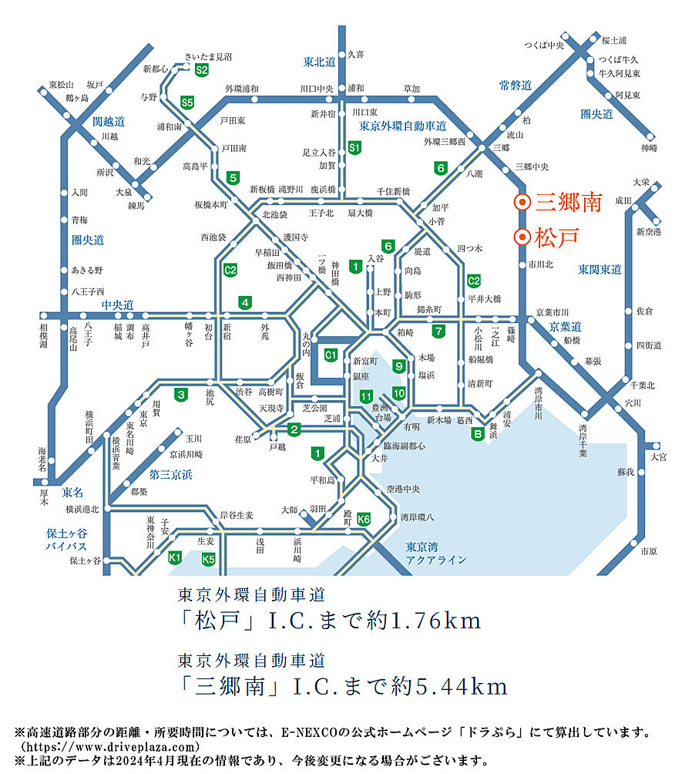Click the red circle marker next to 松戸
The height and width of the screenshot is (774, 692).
click(522, 237)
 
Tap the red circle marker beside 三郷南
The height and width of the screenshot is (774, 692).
click(522, 203)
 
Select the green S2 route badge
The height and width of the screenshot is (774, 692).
click(202, 70)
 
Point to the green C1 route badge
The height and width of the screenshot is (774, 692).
click(331, 355)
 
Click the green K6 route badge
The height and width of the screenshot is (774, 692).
click(364, 520)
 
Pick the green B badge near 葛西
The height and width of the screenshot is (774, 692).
click(478, 433)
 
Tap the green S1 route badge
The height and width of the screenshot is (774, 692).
click(354, 147)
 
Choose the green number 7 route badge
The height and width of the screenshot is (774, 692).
click(438, 332)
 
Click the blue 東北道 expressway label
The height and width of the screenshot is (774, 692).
click(319, 62)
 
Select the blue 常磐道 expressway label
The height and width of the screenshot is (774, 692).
click(516, 86)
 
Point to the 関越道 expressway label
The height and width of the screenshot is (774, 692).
click(109, 122)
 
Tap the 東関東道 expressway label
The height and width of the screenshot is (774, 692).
click(600, 269)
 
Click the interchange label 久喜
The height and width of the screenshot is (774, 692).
click(355, 55)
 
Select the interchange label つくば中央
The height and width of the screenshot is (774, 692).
click(544, 45)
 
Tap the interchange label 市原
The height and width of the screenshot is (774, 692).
click(648, 551)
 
